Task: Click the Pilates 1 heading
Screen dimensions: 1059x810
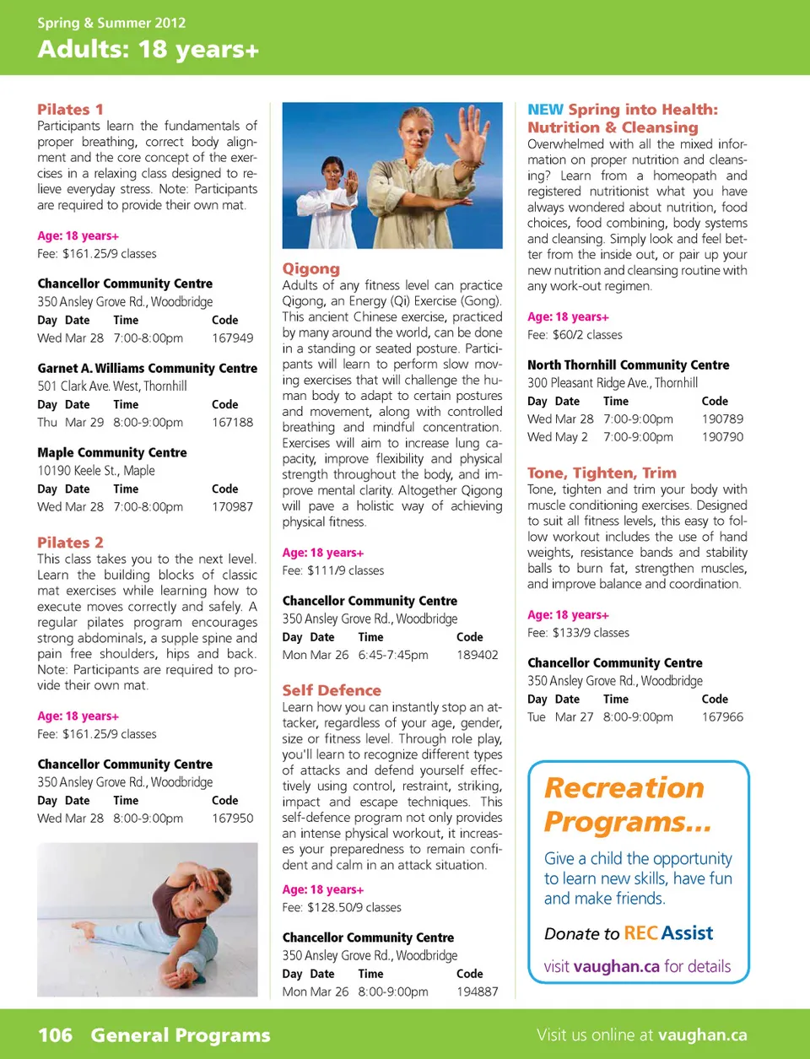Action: coord(70,109)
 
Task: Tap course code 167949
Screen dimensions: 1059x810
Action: coord(232,338)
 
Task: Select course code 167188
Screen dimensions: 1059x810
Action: coord(232,422)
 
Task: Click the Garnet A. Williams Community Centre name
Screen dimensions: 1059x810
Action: coord(147,368)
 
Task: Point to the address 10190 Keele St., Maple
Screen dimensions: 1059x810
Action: coord(96,470)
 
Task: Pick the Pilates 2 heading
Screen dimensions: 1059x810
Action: coord(70,543)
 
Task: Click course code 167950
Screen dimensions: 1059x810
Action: coord(232,818)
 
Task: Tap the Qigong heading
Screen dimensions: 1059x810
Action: coord(310,268)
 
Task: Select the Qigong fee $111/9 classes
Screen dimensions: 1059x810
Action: coord(333,570)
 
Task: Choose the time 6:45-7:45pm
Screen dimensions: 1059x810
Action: coord(392,655)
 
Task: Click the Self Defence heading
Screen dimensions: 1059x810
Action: coord(332,690)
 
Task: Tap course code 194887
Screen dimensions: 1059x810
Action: coord(477,991)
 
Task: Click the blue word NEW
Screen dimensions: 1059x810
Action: coord(545,110)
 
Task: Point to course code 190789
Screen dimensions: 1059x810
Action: coord(722,419)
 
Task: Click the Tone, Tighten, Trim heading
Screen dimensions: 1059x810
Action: coord(602,473)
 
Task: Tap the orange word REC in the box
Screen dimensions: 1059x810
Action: coord(640,933)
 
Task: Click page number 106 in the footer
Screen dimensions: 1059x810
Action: coord(55,1035)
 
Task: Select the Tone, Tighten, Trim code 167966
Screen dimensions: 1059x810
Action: coord(722,716)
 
